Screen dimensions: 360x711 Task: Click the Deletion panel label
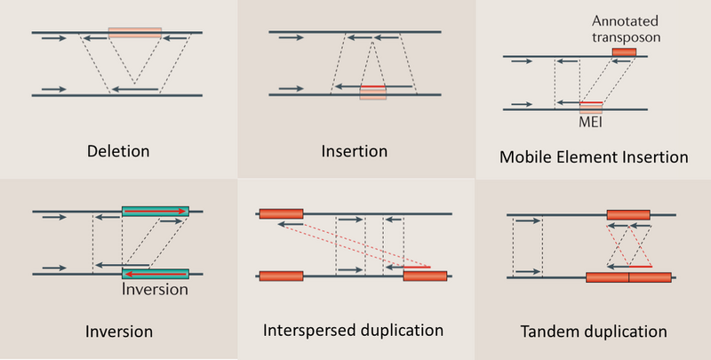coord(117,150)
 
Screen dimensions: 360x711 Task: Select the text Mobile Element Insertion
coord(594,157)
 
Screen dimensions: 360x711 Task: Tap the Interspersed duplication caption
coord(353,330)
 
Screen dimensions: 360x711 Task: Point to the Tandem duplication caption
coord(593,332)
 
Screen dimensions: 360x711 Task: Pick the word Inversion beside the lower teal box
coord(155,289)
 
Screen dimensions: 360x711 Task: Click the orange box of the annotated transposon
coord(624,53)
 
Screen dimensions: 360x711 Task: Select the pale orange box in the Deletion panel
coord(135,33)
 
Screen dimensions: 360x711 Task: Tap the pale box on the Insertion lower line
coord(372,92)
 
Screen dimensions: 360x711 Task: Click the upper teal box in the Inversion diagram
coord(155,212)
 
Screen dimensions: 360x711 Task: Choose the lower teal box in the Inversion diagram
coord(155,275)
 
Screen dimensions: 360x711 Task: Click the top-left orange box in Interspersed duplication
coord(281,213)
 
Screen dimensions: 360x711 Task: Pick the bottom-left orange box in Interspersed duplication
coord(281,276)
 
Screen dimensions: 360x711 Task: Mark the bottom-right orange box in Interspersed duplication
coord(425,276)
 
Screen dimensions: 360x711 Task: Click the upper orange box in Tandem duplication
coord(627,214)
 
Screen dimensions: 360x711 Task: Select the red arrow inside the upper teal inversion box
coord(155,212)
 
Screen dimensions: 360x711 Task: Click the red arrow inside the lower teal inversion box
coord(155,275)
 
